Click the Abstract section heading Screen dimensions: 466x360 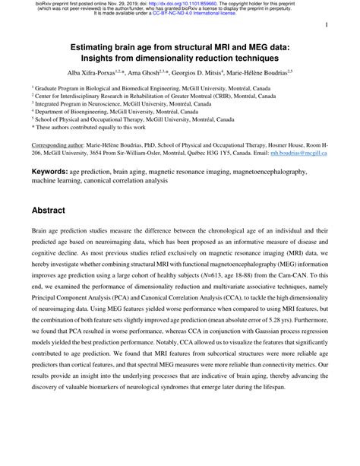[54, 208]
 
